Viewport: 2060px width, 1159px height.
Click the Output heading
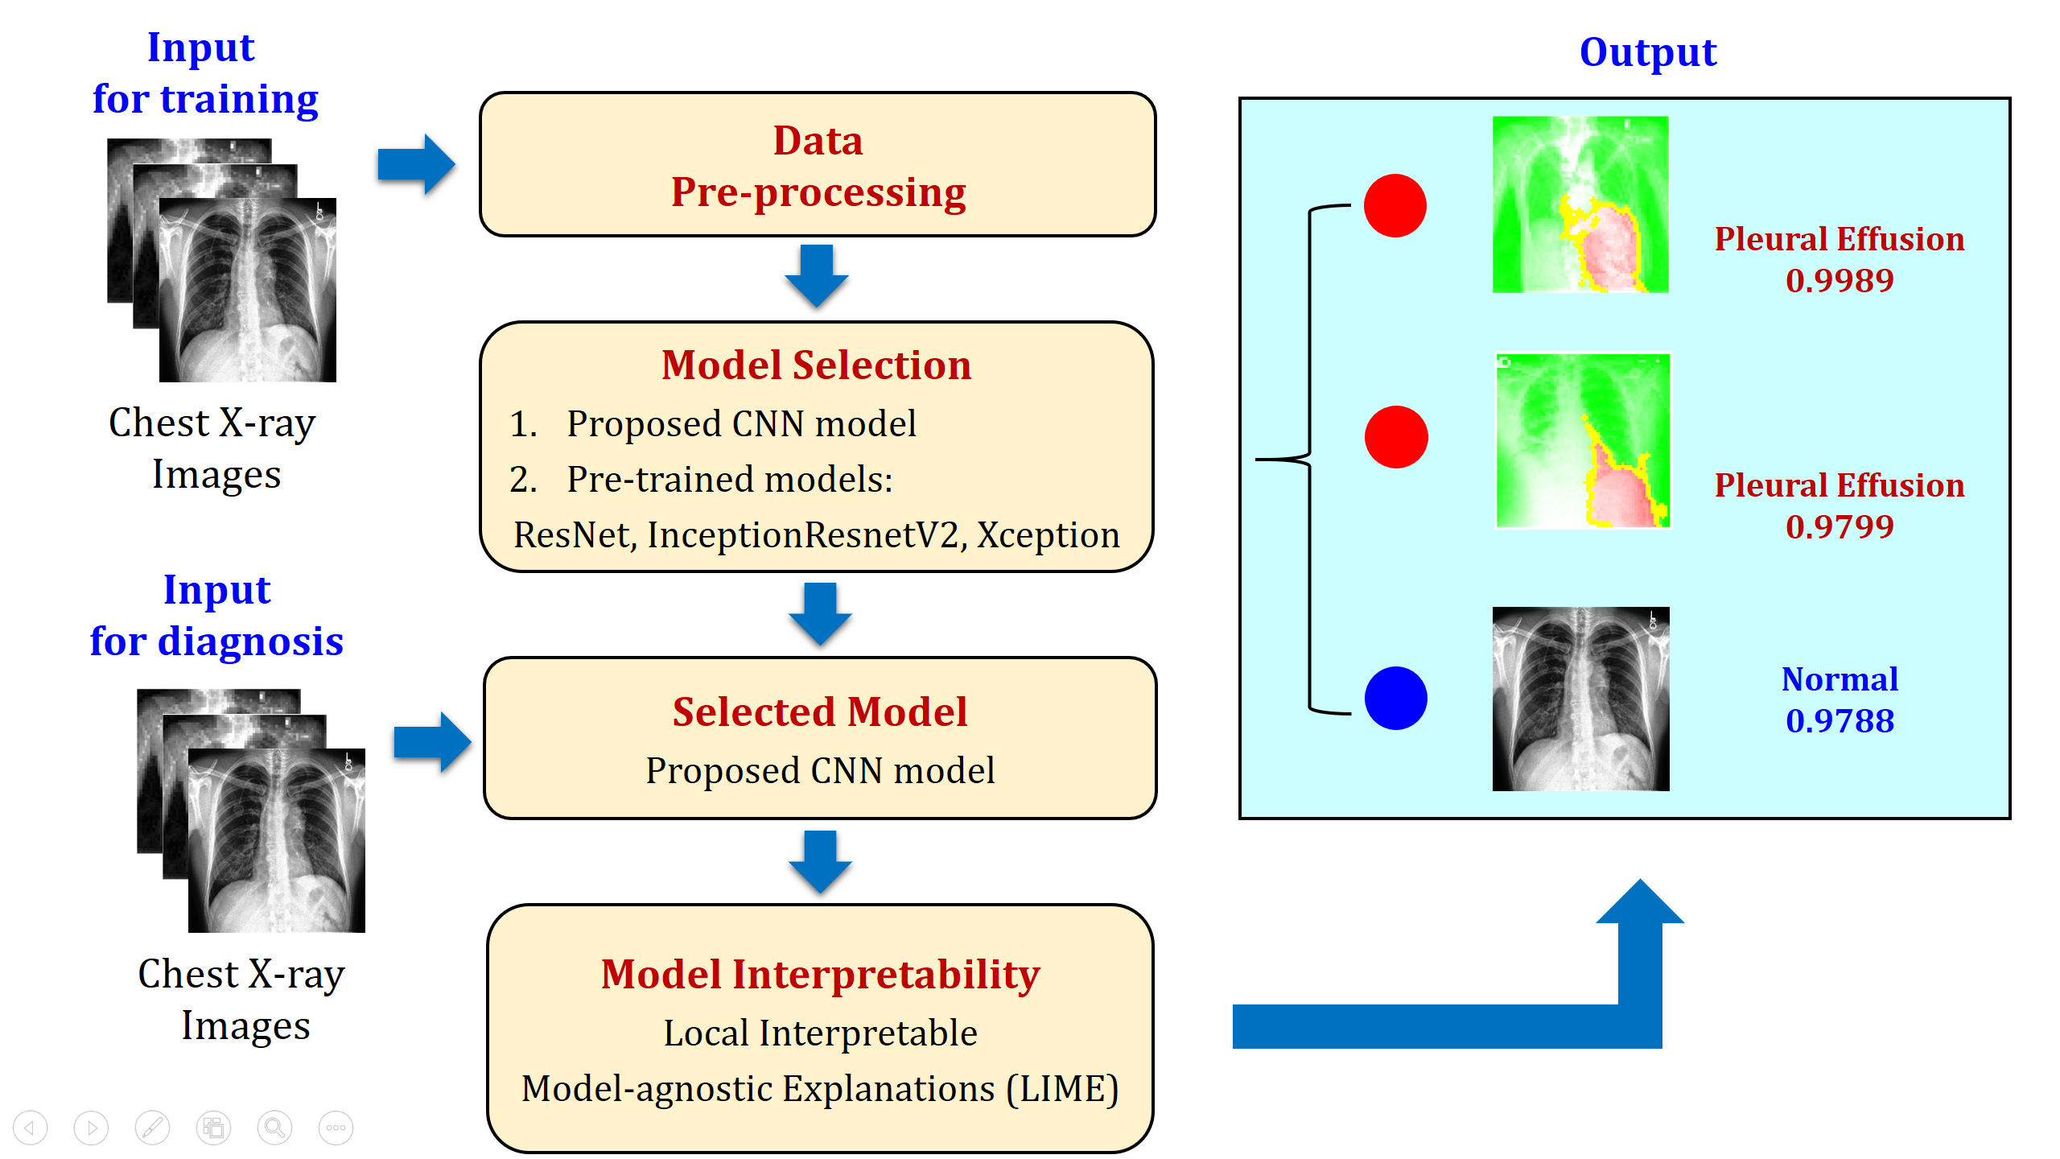[1648, 53]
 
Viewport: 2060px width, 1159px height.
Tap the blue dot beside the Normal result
[1396, 698]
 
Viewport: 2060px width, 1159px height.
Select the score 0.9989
[1840, 280]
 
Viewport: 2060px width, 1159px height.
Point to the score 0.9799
[1840, 526]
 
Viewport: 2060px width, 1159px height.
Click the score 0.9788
[1840, 720]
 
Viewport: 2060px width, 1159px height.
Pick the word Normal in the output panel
[1840, 678]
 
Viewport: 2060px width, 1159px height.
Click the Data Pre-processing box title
[818, 167]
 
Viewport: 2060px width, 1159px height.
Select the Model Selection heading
[817, 365]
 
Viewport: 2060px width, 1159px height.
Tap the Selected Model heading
[820, 711]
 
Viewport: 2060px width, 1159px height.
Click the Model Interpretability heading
[820, 975]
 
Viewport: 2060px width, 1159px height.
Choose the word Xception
[1048, 536]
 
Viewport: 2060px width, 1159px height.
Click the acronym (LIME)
[1063, 1089]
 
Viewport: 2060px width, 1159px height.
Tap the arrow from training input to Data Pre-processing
[416, 164]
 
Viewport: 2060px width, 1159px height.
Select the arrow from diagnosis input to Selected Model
[432, 742]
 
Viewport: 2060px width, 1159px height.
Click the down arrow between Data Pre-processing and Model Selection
[817, 276]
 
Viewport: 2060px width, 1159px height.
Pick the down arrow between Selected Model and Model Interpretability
[820, 862]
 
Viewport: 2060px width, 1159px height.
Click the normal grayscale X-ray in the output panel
[1580, 699]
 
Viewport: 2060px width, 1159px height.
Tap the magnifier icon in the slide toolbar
[274, 1128]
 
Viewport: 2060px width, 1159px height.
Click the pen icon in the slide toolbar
[152, 1128]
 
